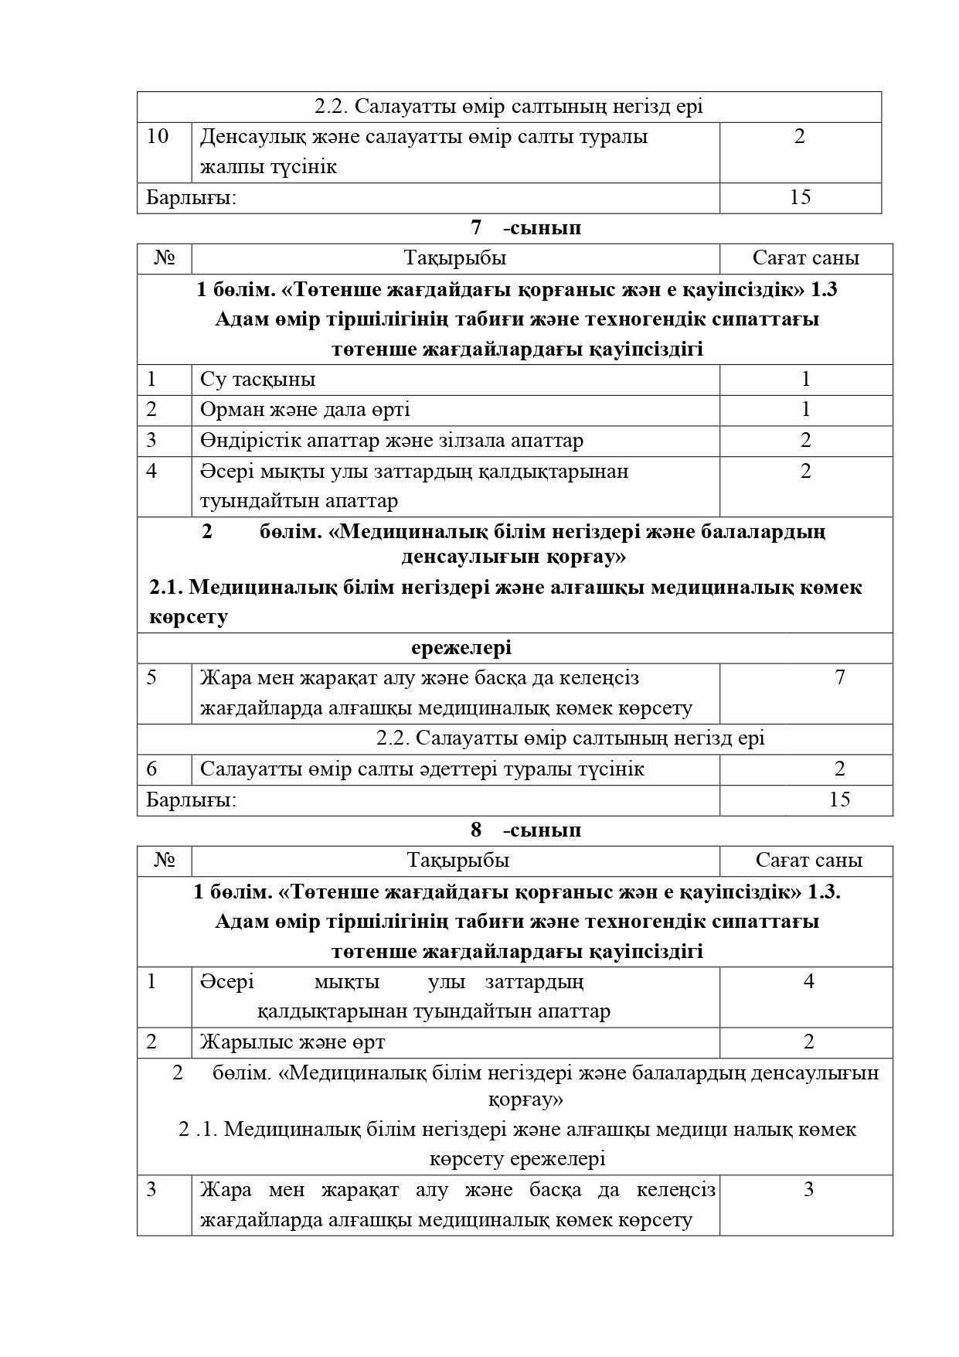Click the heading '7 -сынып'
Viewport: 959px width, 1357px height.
tap(525, 228)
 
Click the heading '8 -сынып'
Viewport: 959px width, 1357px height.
tap(525, 830)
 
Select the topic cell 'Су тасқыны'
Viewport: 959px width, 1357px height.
tap(257, 380)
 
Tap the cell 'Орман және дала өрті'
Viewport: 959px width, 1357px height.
tap(304, 410)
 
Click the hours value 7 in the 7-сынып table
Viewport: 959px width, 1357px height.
tap(840, 678)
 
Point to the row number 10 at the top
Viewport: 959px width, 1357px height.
tap(158, 137)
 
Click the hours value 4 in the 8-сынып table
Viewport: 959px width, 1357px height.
tap(808, 982)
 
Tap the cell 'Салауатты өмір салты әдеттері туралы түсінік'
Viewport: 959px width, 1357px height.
tap(422, 769)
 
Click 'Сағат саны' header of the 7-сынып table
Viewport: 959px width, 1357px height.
tap(806, 258)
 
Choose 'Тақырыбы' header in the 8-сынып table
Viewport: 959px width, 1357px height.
tap(458, 861)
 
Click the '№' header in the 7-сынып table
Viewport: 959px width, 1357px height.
tap(165, 258)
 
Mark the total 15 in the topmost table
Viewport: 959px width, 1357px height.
tap(800, 198)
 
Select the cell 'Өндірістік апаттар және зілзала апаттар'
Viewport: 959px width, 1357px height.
tap(392, 441)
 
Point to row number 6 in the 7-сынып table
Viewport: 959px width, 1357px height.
tap(151, 769)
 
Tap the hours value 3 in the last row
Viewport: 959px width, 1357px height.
tap(808, 1190)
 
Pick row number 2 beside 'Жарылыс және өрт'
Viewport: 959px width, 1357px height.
tap(151, 1042)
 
